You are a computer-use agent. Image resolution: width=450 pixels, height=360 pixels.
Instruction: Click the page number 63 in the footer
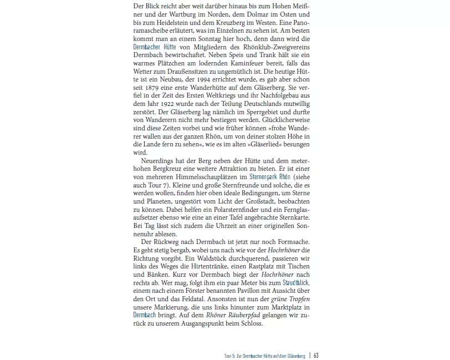click(x=316, y=355)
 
